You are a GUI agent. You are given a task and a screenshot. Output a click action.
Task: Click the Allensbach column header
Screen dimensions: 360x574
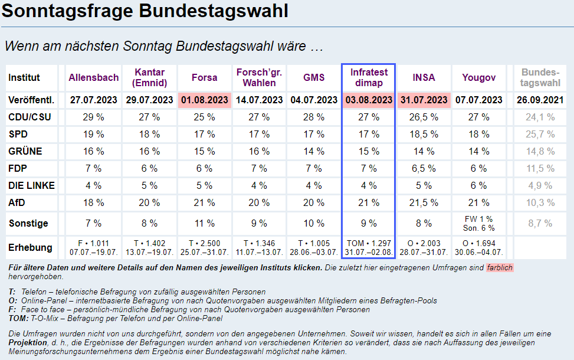pyautogui.click(x=94, y=77)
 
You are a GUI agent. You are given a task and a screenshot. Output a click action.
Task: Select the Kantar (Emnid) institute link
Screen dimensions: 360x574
pyautogui.click(x=150, y=77)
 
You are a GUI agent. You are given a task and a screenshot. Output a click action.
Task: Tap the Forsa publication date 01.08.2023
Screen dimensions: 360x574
pyautogui.click(x=205, y=100)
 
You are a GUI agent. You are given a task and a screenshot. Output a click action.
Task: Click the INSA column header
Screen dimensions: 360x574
pyautogui.click(x=424, y=77)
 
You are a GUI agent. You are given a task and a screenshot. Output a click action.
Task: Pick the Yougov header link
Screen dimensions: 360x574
pyautogui.click(x=479, y=77)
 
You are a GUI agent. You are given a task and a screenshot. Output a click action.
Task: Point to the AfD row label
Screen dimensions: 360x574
pyautogui.click(x=18, y=202)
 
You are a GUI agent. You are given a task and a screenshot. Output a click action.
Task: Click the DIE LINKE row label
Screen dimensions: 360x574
pyautogui.click(x=32, y=185)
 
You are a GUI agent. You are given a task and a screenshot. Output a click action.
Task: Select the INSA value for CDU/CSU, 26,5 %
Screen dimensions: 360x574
pyautogui.click(x=424, y=117)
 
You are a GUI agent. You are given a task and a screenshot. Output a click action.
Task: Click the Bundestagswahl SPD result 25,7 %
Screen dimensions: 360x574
pyautogui.click(x=540, y=134)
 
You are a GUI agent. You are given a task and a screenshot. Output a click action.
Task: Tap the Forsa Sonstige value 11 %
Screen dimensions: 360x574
pyautogui.click(x=205, y=223)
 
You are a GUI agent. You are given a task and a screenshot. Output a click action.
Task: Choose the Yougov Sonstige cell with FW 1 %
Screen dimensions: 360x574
pyautogui.click(x=479, y=220)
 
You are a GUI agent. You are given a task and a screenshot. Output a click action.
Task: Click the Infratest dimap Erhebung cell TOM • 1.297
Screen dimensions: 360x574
pyautogui.click(x=369, y=244)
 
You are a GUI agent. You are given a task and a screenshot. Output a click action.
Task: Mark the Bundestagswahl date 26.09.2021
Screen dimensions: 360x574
pyautogui.click(x=540, y=100)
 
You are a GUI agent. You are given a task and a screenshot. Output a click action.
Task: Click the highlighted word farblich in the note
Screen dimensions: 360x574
pyautogui.click(x=500, y=267)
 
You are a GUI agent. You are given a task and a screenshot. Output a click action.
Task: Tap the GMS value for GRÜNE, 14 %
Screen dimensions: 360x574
pyautogui.click(x=314, y=151)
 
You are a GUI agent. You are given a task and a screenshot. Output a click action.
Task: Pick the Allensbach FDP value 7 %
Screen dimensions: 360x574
pyautogui.click(x=93, y=168)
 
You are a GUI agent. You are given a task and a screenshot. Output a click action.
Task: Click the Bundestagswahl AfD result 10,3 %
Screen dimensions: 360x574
pyautogui.click(x=540, y=202)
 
